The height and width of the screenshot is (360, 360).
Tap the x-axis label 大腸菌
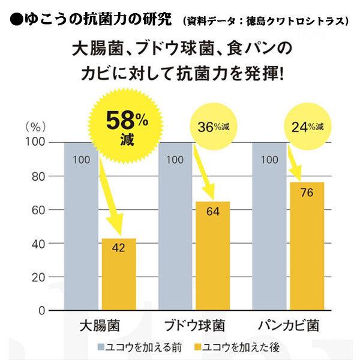(100, 327)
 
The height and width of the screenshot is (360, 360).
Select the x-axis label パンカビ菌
(288, 327)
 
